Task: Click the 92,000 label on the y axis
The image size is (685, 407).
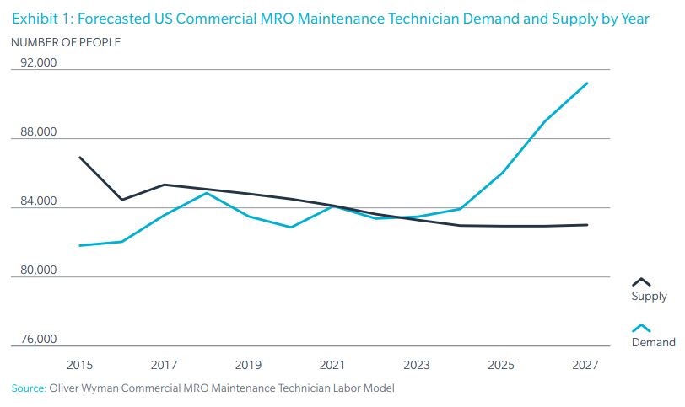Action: coord(39,63)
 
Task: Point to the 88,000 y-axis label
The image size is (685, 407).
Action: coord(39,132)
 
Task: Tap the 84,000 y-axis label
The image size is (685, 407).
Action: coord(39,201)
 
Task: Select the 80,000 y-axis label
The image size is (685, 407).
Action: coord(39,270)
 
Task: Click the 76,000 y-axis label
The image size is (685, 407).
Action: coord(39,340)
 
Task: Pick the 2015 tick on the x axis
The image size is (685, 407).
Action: coord(79,365)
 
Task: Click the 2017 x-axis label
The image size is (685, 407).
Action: coord(164,365)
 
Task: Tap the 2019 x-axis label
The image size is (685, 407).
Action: coord(248,365)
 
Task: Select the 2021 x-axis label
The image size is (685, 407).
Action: coord(332,365)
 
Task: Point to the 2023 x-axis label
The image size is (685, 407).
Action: coord(417,365)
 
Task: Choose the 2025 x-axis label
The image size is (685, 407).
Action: coord(501,365)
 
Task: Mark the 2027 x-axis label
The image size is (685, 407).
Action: coord(585,365)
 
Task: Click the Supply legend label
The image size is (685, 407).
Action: coord(649,297)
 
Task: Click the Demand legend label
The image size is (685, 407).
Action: coord(653,342)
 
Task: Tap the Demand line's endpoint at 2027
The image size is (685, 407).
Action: coord(587,83)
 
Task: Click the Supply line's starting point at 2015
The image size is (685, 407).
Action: coord(79,158)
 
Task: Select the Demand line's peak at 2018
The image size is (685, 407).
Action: coord(207,193)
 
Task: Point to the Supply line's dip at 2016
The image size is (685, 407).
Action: coord(122,200)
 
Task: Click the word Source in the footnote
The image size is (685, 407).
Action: coord(28,388)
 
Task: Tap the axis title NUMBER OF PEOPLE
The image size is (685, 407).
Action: coord(66,42)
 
